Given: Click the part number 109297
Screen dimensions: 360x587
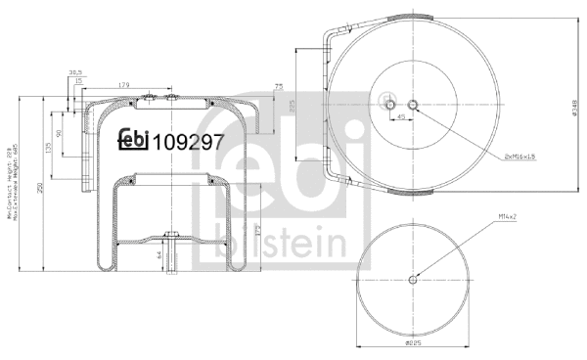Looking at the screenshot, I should pyautogui.click(x=188, y=141).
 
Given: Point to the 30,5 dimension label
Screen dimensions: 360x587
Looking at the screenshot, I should pyautogui.click(x=75, y=71).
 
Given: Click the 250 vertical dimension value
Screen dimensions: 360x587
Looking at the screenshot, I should pyautogui.click(x=40, y=191).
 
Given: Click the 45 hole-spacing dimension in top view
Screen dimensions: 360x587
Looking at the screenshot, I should pyautogui.click(x=401, y=117).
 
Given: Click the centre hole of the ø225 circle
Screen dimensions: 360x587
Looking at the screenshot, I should pyautogui.click(x=411, y=278).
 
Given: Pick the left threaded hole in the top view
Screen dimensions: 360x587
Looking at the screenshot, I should pyautogui.click(x=389, y=105).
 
